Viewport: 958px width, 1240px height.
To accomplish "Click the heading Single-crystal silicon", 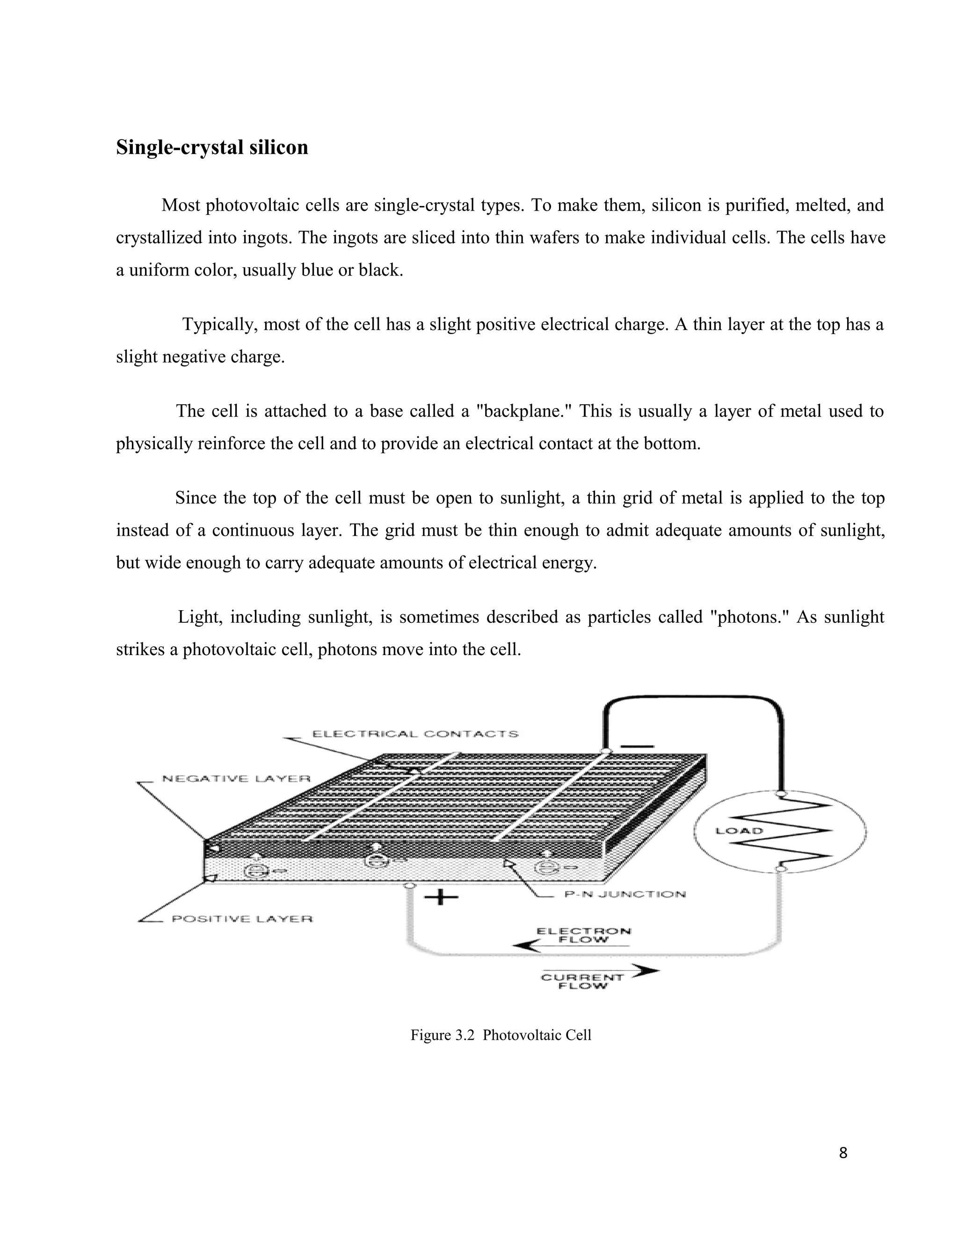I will [x=212, y=147].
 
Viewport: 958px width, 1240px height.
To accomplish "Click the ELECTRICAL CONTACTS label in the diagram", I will [x=415, y=734].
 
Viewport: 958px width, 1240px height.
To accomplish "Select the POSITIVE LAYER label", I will [x=242, y=919].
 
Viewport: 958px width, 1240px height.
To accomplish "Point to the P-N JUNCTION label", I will [x=625, y=894].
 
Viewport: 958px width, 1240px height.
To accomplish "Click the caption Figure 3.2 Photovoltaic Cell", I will [x=501, y=1035].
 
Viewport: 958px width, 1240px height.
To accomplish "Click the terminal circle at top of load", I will [x=781, y=793].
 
